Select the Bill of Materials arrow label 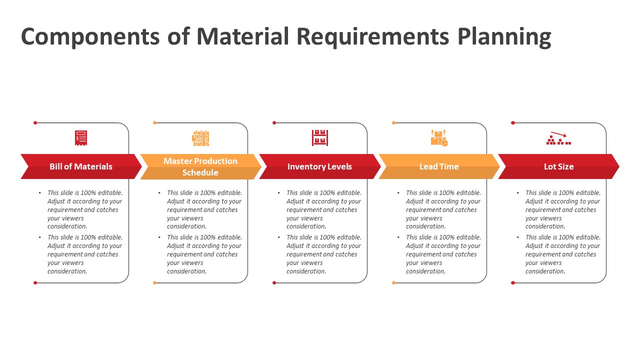coord(81,166)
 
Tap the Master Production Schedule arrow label coord(200,166)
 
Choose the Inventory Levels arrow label coord(319,166)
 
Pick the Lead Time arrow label coord(439,166)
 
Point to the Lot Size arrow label coord(558,166)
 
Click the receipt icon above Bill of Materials coord(81,138)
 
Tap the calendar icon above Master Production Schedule coord(200,138)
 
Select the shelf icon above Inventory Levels coord(320,138)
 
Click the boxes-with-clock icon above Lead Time coord(439,138)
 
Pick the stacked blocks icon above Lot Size coord(558,138)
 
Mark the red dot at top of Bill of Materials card coord(35,122)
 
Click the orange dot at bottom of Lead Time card coord(393,283)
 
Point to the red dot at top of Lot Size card coord(513,122)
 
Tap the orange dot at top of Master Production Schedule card coord(154,122)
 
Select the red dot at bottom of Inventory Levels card coord(274,283)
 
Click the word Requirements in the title coord(372,37)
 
